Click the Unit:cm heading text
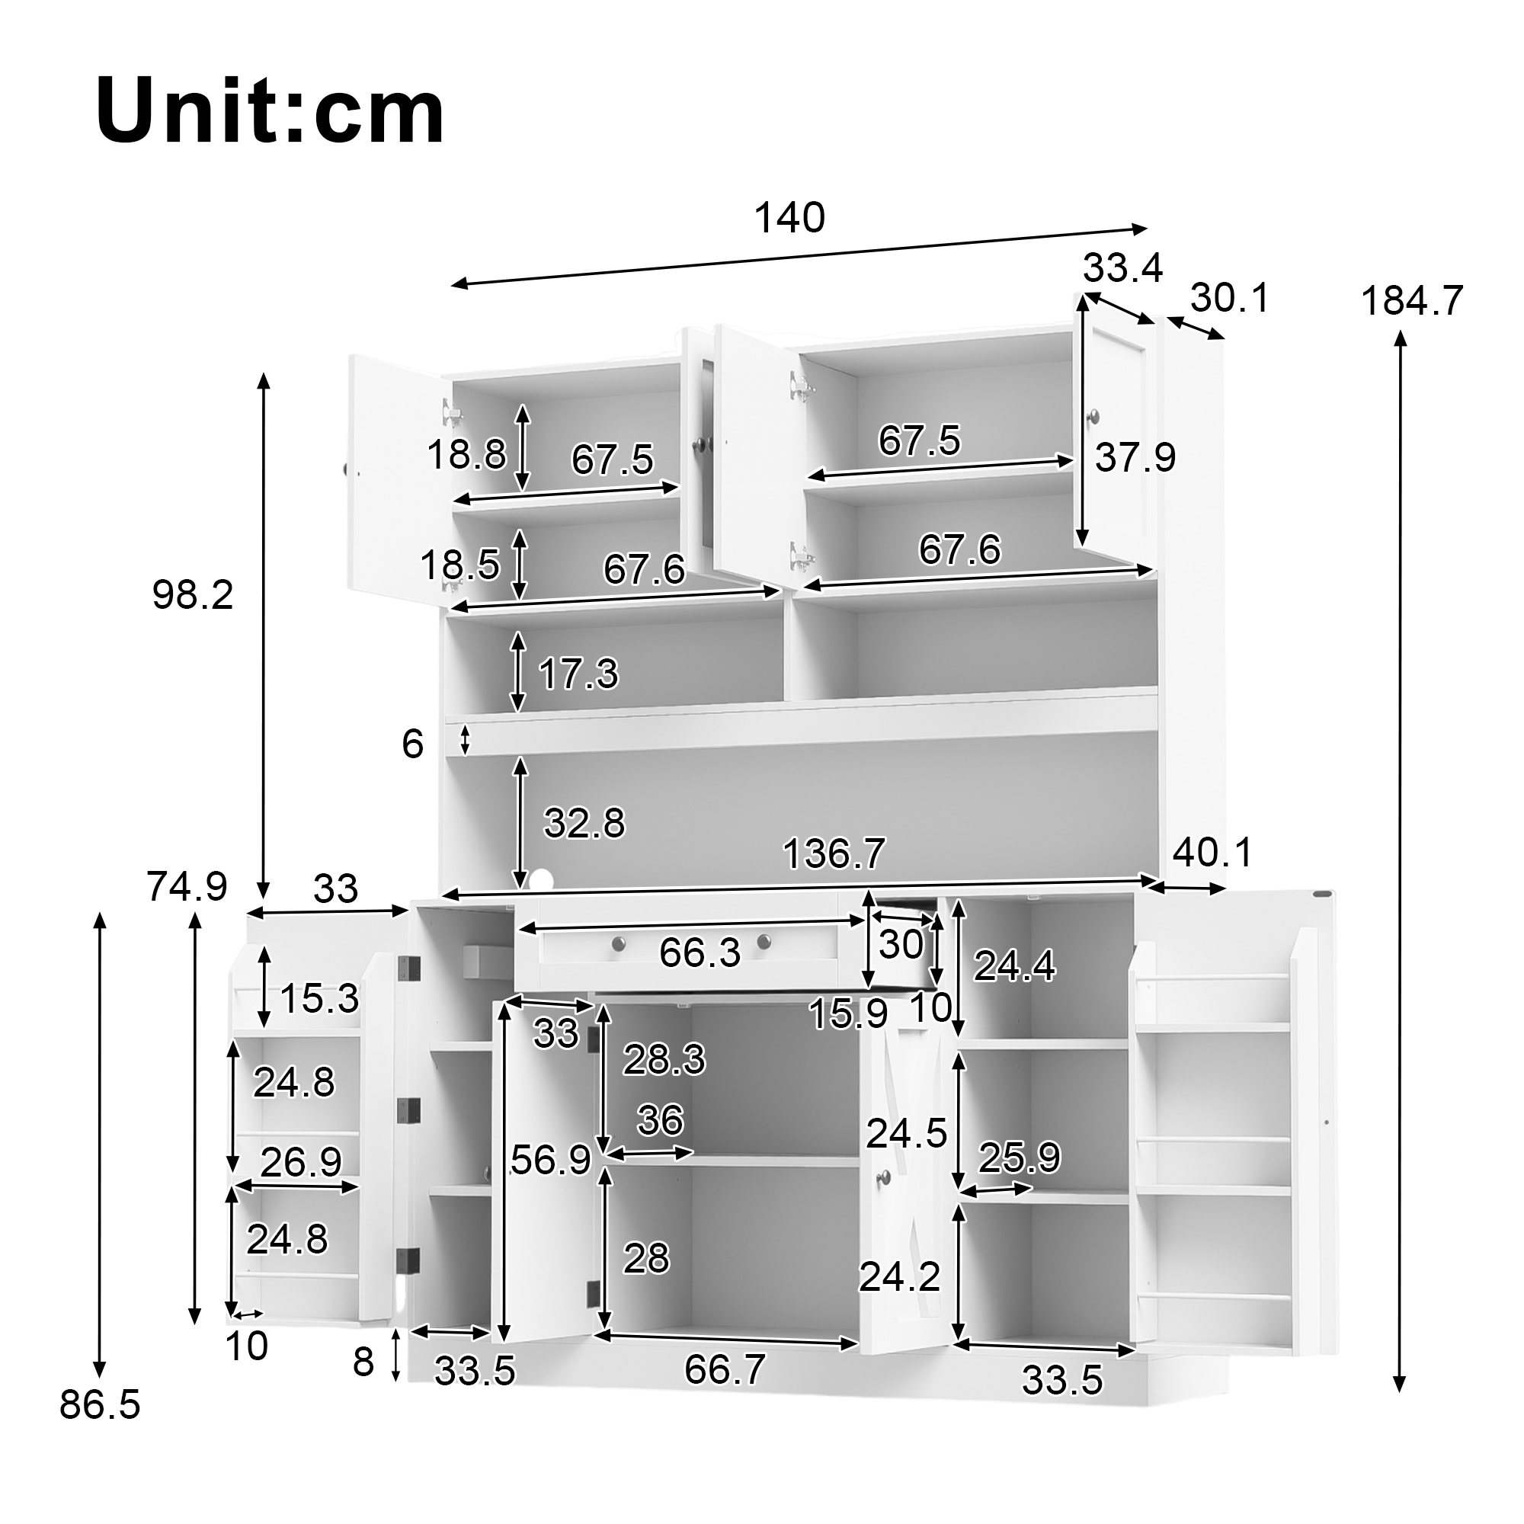270,112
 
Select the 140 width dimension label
789,218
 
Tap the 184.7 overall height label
1412,300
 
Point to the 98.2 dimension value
194,595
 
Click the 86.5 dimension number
100,1405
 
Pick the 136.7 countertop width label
834,853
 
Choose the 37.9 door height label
1135,456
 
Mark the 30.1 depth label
1230,298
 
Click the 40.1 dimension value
1212,853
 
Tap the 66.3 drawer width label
700,953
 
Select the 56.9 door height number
551,1160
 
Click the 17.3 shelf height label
578,674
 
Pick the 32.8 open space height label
584,824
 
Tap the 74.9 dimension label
187,887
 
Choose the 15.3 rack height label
319,999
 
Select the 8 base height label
363,1362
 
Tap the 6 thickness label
412,744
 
